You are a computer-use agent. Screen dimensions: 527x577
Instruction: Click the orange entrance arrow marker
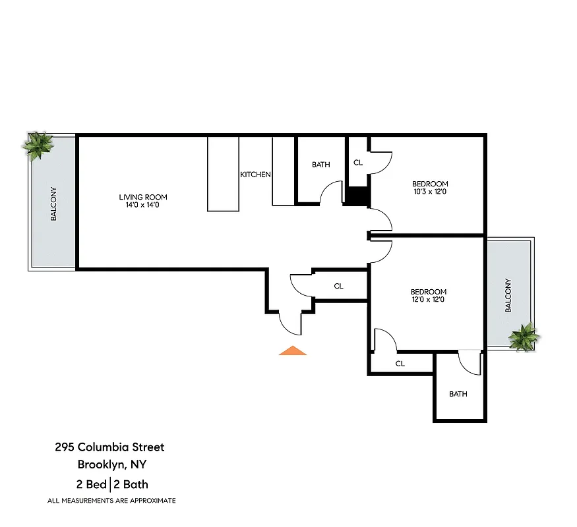tap(293, 350)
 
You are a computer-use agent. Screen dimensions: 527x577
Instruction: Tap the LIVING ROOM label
tap(143, 197)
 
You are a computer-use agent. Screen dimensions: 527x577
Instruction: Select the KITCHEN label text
tap(255, 175)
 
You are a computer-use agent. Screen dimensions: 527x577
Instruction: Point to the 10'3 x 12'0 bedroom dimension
tap(430, 192)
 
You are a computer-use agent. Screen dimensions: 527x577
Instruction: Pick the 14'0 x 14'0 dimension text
tap(143, 206)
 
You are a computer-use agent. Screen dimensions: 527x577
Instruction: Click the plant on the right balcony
tap(524, 337)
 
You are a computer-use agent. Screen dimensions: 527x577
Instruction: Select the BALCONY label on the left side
tap(53, 204)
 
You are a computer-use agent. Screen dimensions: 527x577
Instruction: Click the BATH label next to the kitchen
tap(321, 165)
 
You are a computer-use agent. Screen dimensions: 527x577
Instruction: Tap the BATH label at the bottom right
tap(458, 394)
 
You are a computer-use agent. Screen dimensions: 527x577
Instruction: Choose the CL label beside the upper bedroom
tap(358, 162)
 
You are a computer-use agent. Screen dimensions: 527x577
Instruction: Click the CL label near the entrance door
tap(339, 286)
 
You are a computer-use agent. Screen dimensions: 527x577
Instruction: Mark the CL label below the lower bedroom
tap(400, 364)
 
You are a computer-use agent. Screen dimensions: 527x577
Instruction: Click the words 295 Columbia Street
tap(109, 447)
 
